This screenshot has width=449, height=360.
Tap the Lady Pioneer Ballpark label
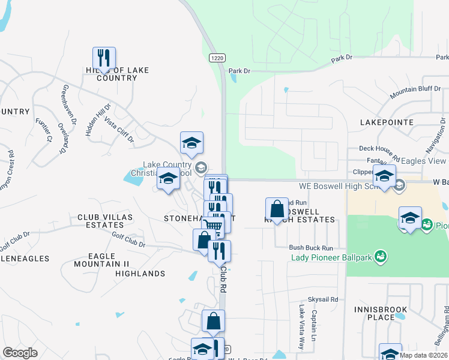tap(330, 258)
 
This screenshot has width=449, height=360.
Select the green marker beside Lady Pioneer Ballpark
tap(380, 257)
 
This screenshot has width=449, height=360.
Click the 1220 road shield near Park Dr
tap(217, 58)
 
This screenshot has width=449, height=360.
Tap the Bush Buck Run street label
tap(310, 247)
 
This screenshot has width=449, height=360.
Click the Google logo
tap(20, 352)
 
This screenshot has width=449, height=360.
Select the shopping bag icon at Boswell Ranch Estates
tap(277, 209)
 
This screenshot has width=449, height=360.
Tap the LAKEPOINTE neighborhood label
tap(387, 122)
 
